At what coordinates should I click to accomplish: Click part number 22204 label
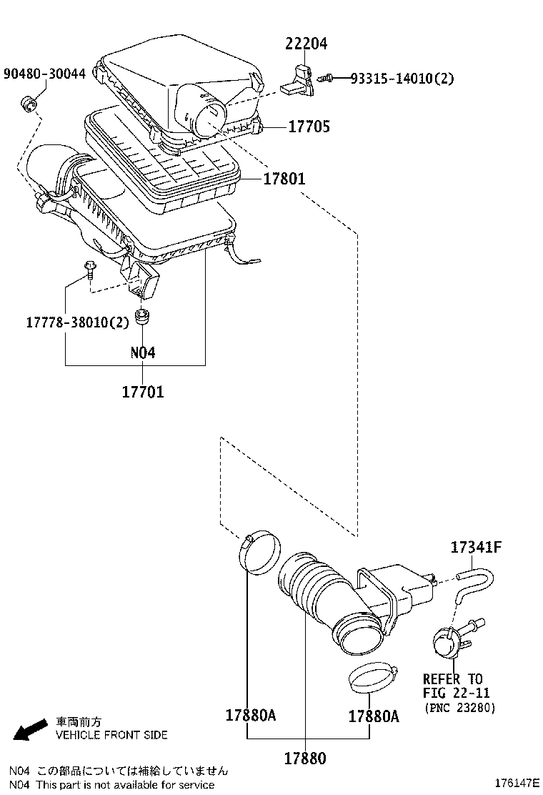(306, 44)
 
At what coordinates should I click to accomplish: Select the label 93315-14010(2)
(402, 78)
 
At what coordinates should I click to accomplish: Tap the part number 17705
(309, 127)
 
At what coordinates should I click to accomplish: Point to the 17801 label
(284, 179)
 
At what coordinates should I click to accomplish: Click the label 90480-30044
(44, 74)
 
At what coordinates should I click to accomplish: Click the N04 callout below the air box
(142, 352)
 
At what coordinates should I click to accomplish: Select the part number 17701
(142, 392)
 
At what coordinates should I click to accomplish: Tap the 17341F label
(476, 548)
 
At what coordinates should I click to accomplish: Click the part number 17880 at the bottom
(304, 757)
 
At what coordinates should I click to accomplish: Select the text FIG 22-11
(456, 693)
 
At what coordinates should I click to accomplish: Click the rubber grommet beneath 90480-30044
(29, 106)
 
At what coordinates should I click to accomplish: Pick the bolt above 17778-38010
(89, 270)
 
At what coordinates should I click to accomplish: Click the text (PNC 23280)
(460, 708)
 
